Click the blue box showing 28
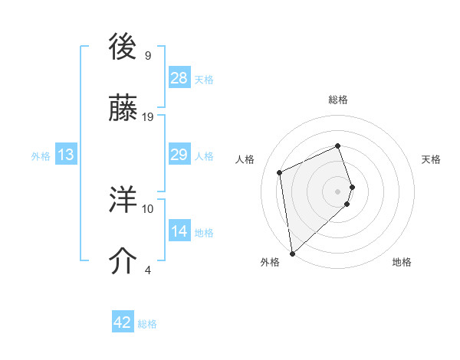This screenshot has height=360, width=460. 179,78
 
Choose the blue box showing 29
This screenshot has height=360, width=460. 179,155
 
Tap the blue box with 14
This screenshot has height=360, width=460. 179,231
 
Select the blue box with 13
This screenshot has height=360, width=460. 66,155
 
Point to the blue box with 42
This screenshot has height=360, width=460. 123,322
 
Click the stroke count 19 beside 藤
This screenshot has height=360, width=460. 148,117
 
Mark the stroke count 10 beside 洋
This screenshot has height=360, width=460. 148,208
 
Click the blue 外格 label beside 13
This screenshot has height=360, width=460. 41,155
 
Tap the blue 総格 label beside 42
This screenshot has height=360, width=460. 147,324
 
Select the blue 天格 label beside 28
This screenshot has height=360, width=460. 204,79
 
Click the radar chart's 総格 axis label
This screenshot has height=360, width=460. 338,100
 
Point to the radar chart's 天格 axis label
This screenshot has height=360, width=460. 432,159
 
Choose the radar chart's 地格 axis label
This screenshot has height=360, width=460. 402,262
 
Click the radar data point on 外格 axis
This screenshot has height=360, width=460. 291,253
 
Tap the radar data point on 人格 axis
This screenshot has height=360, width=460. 280,172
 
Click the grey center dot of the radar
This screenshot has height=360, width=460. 338,191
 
